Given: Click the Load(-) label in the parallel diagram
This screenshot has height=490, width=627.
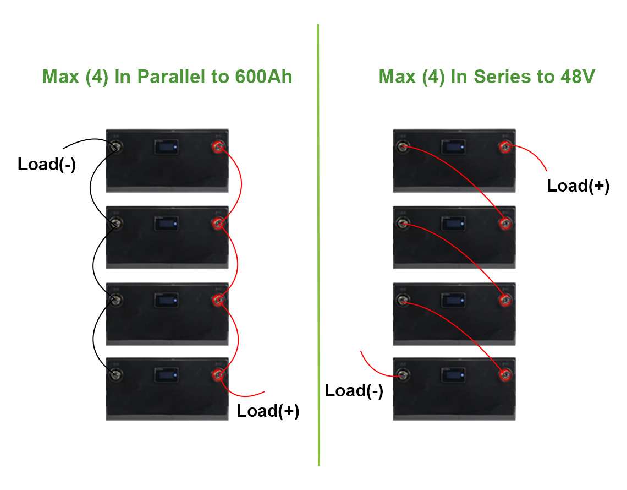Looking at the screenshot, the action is [47, 165].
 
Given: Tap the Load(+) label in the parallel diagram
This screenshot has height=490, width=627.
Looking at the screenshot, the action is [268, 411].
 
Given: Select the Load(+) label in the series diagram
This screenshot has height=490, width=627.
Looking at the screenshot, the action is [578, 186].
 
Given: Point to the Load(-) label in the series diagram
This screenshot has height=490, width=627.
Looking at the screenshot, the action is [354, 390].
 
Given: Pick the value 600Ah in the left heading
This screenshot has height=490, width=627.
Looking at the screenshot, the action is [264, 77].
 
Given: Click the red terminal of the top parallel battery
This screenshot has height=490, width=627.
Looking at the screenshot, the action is [218, 147].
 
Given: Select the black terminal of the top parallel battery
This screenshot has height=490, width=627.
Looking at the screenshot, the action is [116, 147].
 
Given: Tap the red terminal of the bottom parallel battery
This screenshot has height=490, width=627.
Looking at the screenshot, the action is [218, 375].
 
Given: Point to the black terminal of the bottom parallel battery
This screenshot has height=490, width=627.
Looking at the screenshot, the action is [116, 375].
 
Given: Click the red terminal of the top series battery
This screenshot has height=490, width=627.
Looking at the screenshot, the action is [505, 147].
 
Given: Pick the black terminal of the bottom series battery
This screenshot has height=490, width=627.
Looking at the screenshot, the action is [403, 375].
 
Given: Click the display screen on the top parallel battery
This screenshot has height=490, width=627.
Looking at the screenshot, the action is [166, 147].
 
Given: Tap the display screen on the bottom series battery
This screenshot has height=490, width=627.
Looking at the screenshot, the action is [453, 375].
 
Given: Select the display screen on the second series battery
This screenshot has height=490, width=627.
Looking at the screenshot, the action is [453, 224].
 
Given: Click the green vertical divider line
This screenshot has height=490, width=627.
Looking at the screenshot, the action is [318, 245].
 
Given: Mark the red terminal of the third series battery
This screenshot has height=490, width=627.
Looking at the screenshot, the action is [505, 300].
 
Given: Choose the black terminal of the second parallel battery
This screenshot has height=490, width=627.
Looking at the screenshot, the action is [116, 224].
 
